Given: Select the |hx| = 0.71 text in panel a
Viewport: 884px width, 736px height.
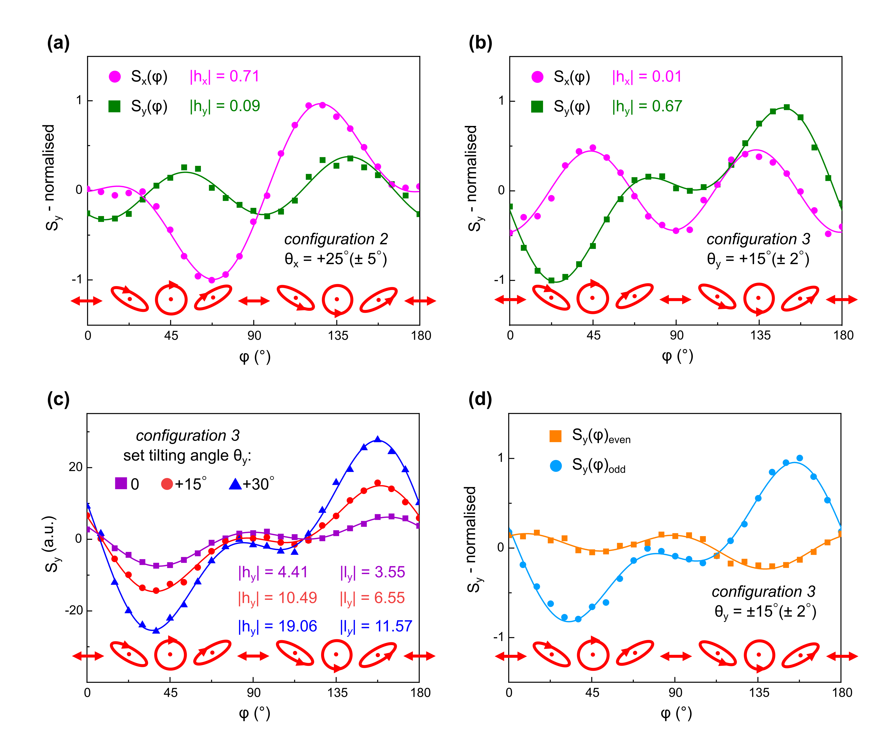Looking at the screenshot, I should point(224,77).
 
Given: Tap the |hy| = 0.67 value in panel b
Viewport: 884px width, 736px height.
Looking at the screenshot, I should point(647,106).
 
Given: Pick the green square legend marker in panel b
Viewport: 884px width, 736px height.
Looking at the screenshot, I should point(537,107).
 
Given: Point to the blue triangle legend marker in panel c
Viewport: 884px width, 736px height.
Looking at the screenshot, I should point(235,484).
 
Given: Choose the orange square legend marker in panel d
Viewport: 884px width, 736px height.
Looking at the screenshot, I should point(556,436).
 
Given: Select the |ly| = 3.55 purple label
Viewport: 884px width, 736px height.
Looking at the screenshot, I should point(372,572).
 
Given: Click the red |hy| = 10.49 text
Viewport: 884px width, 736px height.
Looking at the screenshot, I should point(277,598).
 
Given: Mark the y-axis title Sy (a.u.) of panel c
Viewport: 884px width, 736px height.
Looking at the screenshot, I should point(50,544).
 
